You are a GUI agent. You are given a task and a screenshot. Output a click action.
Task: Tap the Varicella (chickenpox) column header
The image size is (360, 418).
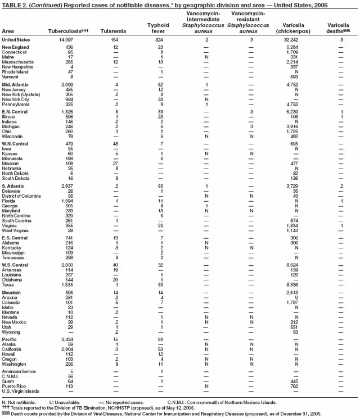(x=289, y=28)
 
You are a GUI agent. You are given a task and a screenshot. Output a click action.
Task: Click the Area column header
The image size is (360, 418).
(x=8, y=31)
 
